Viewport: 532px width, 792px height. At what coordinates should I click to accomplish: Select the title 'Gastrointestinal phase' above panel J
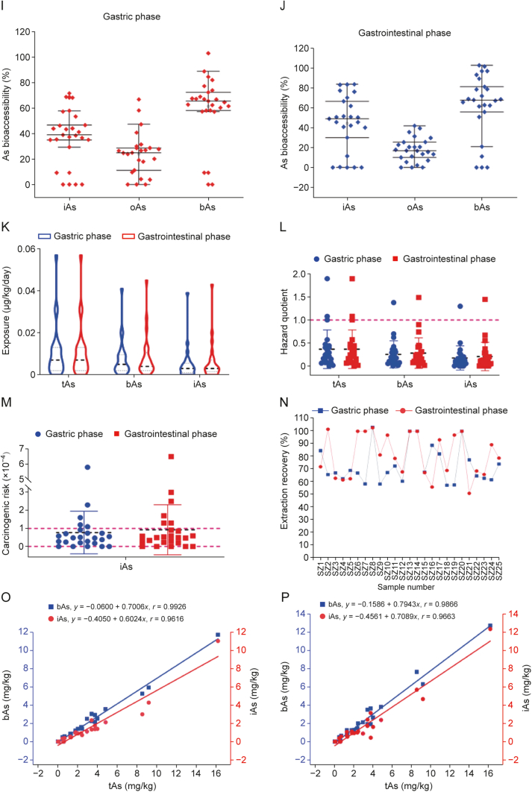tap(392, 34)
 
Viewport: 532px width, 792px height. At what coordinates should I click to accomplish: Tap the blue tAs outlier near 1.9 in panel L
tap(327, 279)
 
